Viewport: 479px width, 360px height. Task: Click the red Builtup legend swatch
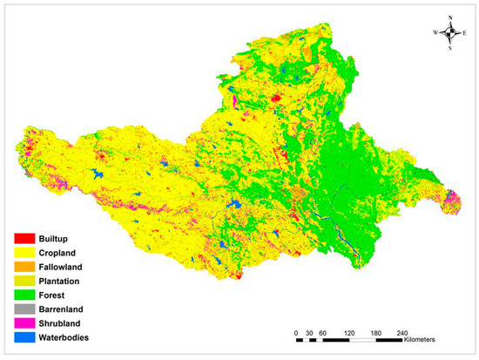pyautogui.click(x=26, y=238)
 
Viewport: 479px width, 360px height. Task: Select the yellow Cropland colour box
pyautogui.click(x=26, y=252)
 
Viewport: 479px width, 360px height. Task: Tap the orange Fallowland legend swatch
pyautogui.click(x=26, y=266)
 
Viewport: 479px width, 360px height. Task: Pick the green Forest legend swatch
pyautogui.click(x=26, y=295)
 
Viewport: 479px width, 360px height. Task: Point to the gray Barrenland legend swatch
pyautogui.click(x=26, y=309)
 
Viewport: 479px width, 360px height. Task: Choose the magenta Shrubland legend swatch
pyautogui.click(x=26, y=323)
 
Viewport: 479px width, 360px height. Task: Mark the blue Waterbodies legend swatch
pyautogui.click(x=26, y=337)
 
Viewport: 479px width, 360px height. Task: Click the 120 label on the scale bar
pyautogui.click(x=349, y=332)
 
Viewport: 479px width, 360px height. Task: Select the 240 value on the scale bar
pyautogui.click(x=403, y=332)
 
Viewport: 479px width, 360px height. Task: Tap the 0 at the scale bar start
pyautogui.click(x=296, y=332)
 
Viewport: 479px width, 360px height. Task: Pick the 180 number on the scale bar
pyautogui.click(x=376, y=332)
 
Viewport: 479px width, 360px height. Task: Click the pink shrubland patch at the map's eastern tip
pyautogui.click(x=451, y=205)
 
